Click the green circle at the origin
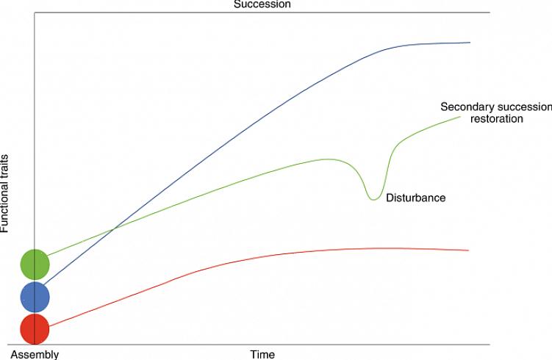pyautogui.click(x=35, y=264)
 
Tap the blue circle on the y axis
pyautogui.click(x=35, y=297)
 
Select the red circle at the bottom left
pyautogui.click(x=35, y=329)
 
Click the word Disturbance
pyautogui.click(x=416, y=198)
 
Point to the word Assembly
pyautogui.click(x=35, y=354)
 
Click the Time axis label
pyautogui.click(x=262, y=354)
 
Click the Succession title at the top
pyautogui.click(x=262, y=4)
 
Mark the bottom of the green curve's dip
pyautogui.click(x=374, y=199)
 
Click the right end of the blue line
pyautogui.click(x=470, y=43)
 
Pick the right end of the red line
pyautogui.click(x=468, y=251)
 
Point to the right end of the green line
pyautogui.click(x=461, y=116)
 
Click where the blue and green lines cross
pyautogui.click(x=113, y=230)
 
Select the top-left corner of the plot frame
pyautogui.click(x=35, y=12)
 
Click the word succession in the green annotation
pyautogui.click(x=523, y=107)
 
